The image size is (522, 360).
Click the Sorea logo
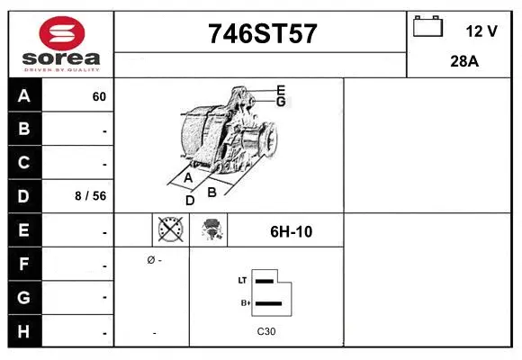coord(61,44)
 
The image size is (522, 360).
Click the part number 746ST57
coord(262,33)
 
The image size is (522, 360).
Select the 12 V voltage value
coord(481,31)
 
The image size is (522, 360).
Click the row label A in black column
coord(24,96)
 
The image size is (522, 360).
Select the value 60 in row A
coord(99,97)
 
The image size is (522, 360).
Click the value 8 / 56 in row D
coord(91,195)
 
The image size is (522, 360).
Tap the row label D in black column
coord(24,195)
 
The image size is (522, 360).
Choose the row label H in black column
coord(24,331)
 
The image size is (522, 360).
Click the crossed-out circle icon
coord(170,230)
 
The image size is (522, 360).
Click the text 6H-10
coord(291,231)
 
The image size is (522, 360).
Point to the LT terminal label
coord(242,281)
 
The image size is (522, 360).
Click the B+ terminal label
coord(243,303)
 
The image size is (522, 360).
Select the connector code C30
coord(265,332)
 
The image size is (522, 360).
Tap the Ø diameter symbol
coord(149,260)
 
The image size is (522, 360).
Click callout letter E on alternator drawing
coord(281,90)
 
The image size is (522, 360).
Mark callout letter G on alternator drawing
coord(281,102)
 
